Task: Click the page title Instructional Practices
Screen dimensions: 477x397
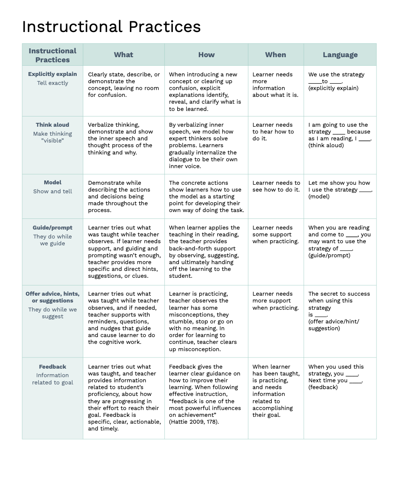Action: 111,27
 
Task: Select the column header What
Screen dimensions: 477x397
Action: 124,55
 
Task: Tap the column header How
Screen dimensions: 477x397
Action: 206,55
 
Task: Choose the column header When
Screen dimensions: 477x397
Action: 276,55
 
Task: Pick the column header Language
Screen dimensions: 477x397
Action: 340,55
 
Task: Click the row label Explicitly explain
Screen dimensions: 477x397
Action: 52,74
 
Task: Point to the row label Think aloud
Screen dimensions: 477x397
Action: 52,125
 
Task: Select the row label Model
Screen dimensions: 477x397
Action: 52,183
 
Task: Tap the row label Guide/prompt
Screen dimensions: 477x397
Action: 52,228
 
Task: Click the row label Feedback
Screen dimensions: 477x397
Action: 52,367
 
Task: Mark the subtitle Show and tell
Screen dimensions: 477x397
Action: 52,192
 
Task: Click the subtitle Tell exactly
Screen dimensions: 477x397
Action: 52,83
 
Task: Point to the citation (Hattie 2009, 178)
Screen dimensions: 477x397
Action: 194,422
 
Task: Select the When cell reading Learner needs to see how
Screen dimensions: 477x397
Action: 276,186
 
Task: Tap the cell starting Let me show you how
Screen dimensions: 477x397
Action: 340,189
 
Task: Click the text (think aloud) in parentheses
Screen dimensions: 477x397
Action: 326,145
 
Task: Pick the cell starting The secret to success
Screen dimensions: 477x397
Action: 339,311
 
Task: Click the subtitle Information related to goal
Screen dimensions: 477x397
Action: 52,379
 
